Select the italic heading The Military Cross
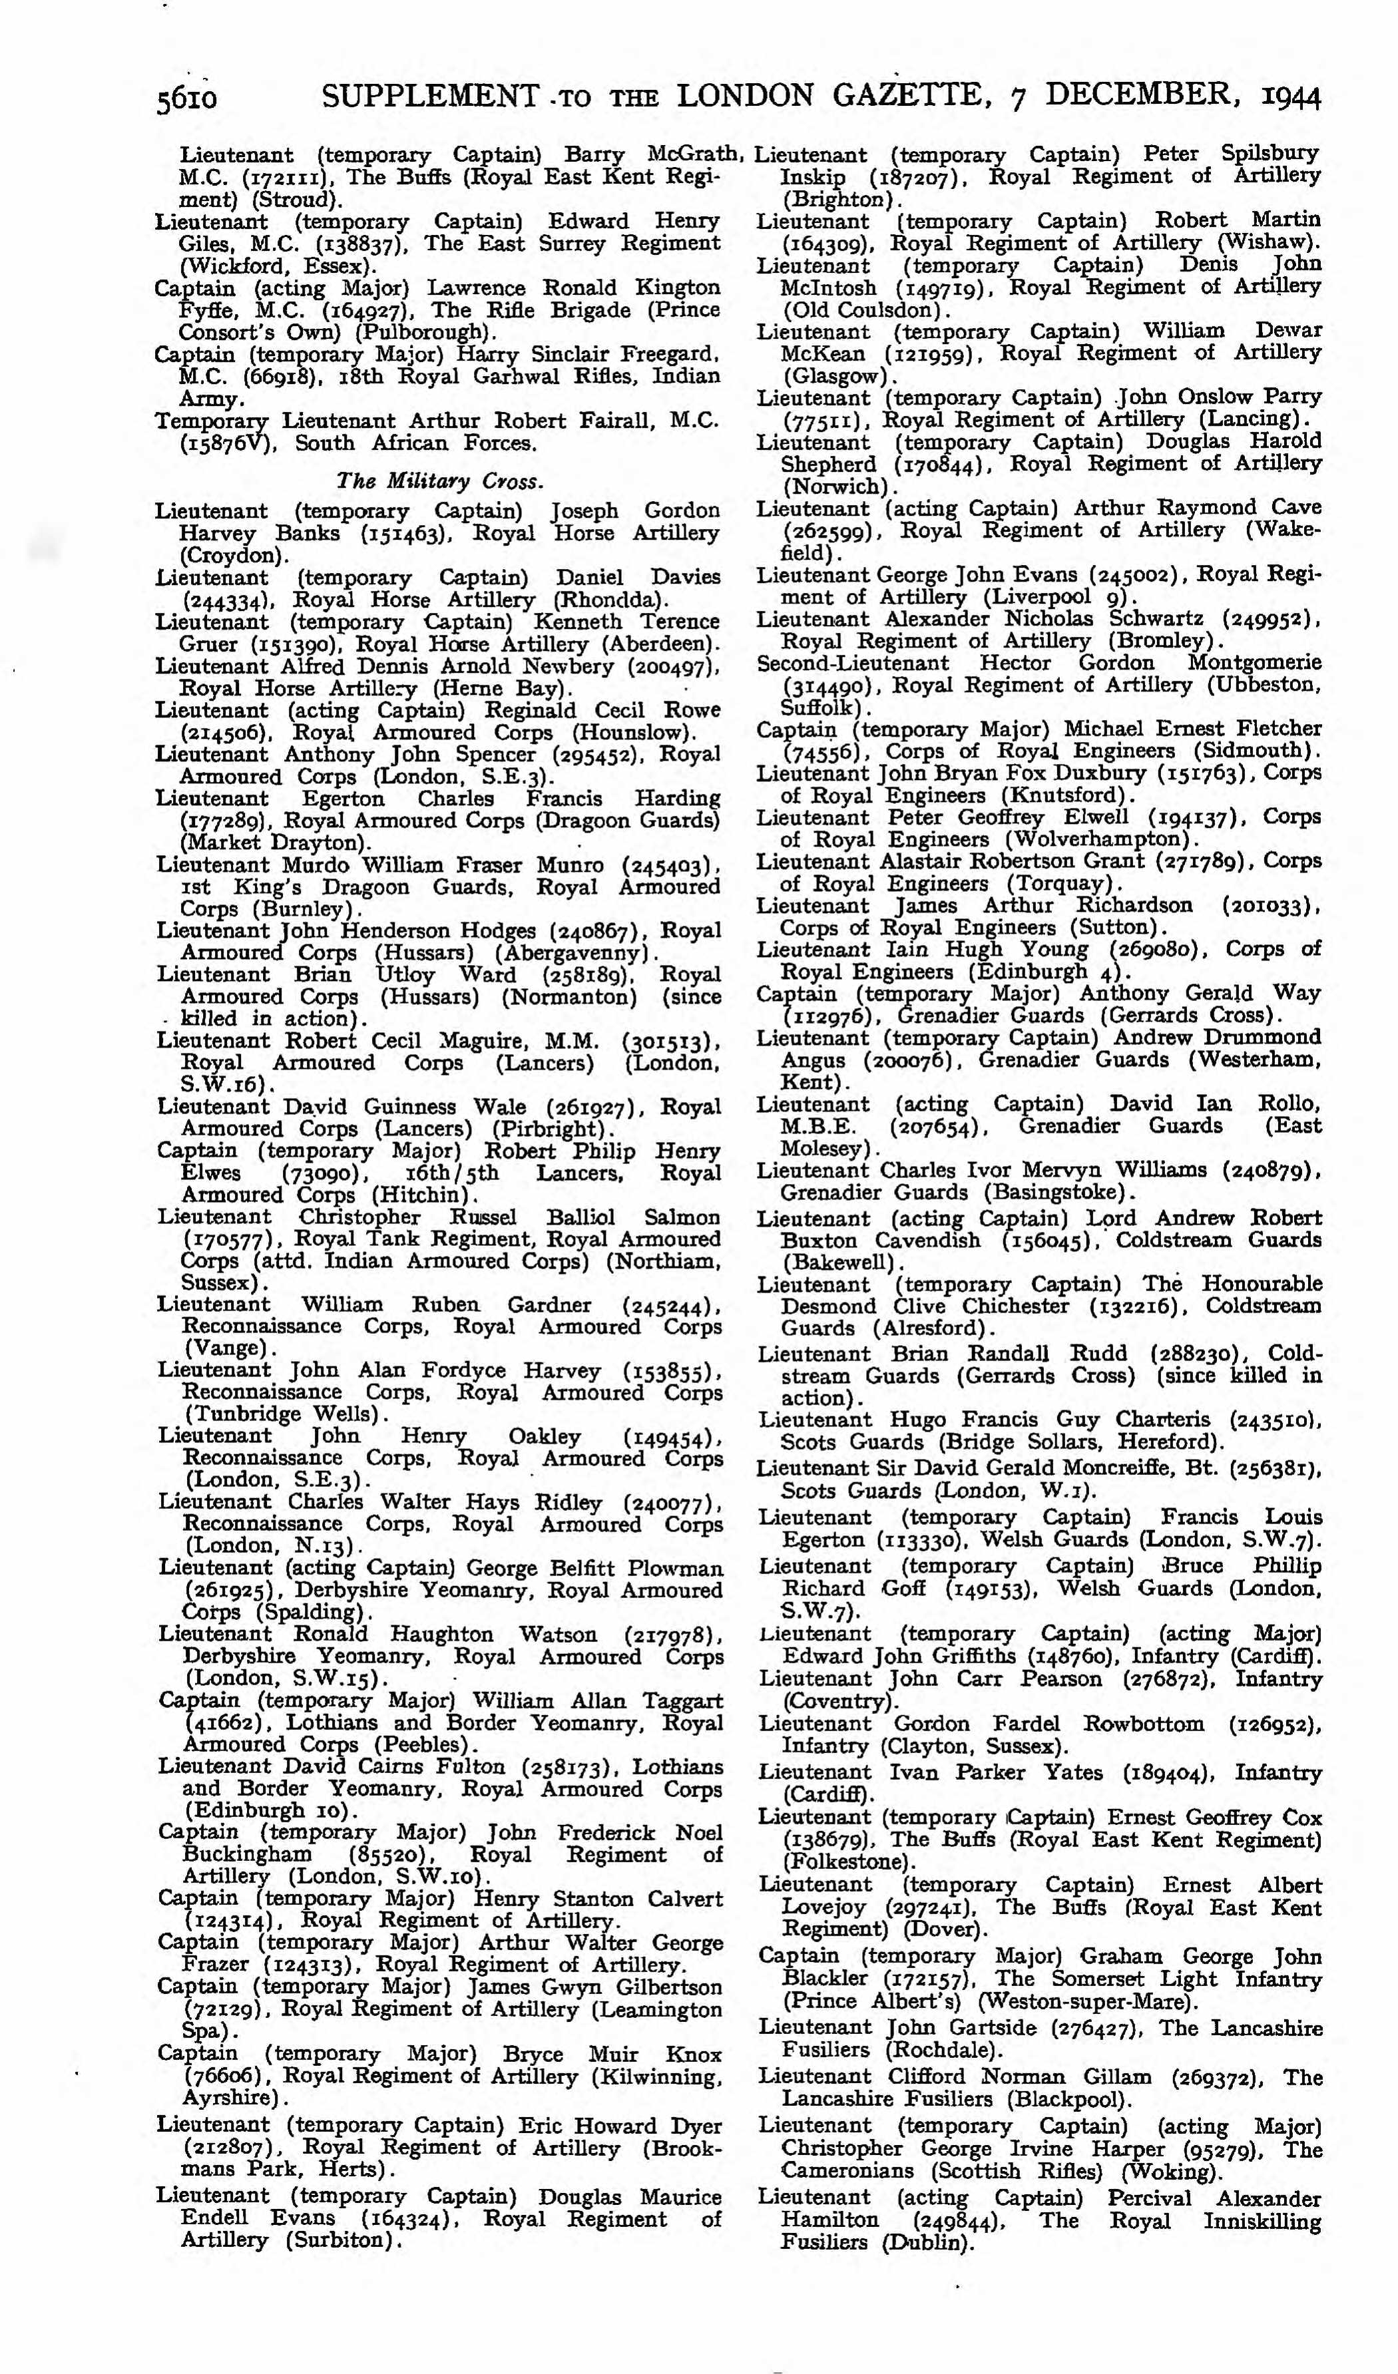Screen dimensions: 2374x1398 coord(440,481)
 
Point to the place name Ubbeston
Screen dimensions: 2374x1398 coord(1257,685)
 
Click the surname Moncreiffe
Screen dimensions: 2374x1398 coord(1126,1469)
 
